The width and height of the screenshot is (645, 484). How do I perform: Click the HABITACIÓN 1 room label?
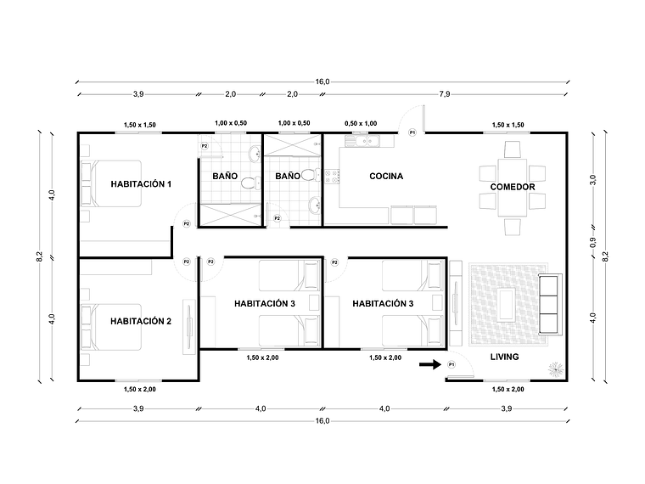click(141, 184)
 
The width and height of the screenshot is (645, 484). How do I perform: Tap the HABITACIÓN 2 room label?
click(141, 321)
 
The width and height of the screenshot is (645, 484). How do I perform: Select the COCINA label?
click(386, 177)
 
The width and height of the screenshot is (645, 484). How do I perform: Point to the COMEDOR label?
click(512, 187)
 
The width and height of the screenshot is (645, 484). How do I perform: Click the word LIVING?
click(504, 357)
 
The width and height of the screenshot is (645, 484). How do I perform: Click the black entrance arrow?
click(430, 364)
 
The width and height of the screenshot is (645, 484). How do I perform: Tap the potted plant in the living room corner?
click(555, 369)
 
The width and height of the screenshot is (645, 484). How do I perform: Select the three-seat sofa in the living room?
click(551, 305)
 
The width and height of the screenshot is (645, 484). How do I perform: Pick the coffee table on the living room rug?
click(508, 301)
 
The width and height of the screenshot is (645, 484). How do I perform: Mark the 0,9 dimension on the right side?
click(592, 241)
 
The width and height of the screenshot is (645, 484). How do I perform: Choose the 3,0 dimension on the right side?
click(592, 179)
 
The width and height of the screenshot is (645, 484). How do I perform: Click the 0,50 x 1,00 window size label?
click(361, 124)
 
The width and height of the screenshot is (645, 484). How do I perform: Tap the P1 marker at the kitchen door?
click(412, 132)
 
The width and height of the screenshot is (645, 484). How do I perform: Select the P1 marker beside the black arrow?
click(451, 364)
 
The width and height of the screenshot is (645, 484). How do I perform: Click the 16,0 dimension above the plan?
click(322, 82)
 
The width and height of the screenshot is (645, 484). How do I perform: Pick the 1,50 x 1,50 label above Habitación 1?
click(140, 125)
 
